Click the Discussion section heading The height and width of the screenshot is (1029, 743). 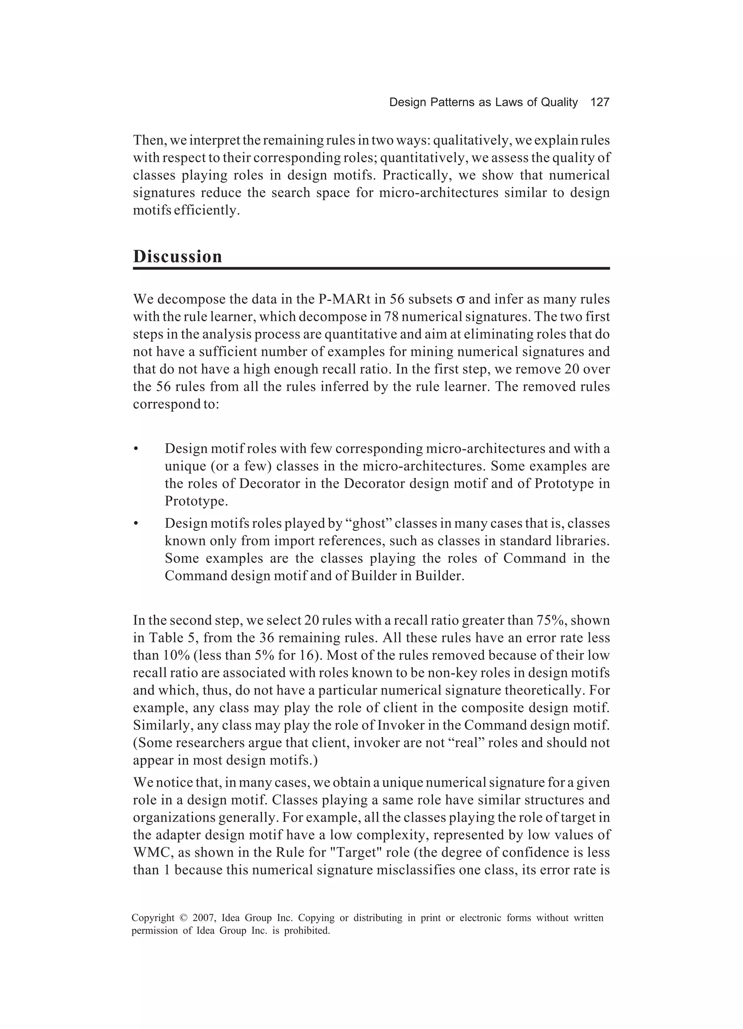coord(177,257)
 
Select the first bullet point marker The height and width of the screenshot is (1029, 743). coord(136,449)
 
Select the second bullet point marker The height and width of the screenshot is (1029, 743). coord(136,524)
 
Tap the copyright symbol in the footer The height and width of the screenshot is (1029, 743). coord(183,918)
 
